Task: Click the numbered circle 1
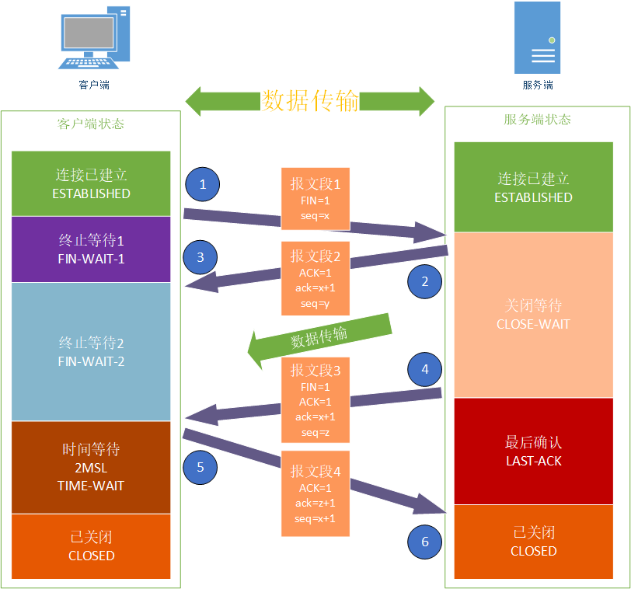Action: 203,184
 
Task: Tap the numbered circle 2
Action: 425,282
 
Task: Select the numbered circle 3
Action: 200,257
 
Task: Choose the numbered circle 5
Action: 200,467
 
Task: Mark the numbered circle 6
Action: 425,542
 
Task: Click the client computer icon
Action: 93,39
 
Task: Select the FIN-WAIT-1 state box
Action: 91,249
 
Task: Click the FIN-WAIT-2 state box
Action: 91,351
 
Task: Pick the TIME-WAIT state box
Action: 91,467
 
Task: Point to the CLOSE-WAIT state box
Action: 532,315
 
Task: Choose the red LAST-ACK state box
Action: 532,451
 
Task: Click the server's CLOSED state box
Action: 532,542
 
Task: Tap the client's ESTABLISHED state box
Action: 91,183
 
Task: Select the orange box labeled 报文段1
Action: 315,199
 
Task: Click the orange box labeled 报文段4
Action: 315,493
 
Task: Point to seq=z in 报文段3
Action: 315,433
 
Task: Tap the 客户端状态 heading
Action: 91,124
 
